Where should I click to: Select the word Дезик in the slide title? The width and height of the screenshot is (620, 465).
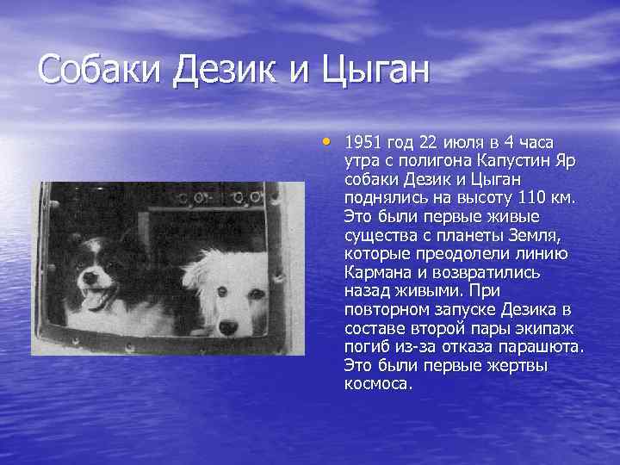click(x=227, y=68)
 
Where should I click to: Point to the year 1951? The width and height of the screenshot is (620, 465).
click(x=362, y=141)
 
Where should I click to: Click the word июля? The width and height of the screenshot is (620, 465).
click(x=447, y=141)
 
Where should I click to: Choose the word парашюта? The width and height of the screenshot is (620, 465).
click(x=547, y=347)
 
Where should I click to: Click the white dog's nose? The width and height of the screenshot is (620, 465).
click(x=229, y=326)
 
